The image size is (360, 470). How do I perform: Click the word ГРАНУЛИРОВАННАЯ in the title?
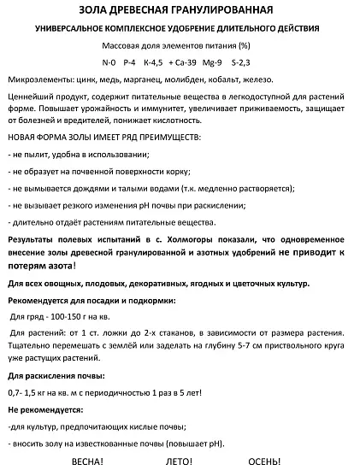[x=225, y=10]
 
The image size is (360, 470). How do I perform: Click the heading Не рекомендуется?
[x=46, y=409]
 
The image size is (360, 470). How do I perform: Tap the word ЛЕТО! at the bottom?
[x=178, y=461]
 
